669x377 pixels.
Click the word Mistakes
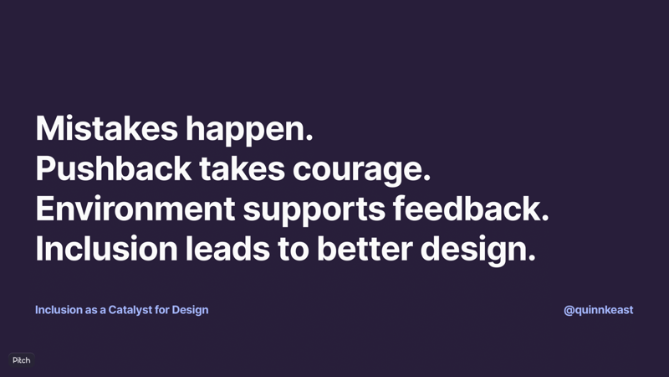click(107, 128)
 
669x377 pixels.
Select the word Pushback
click(114, 168)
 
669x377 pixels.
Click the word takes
click(242, 168)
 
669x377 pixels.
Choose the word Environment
click(135, 208)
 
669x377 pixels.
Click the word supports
click(314, 211)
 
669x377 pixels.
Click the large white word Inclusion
click(107, 248)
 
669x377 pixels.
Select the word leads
click(227, 248)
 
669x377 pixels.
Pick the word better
click(365, 248)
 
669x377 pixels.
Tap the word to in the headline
click(294, 249)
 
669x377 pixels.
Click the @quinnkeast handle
click(598, 310)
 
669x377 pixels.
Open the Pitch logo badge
click(22, 360)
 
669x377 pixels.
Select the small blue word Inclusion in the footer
click(59, 310)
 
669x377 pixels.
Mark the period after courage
click(427, 178)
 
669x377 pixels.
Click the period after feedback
click(545, 219)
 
